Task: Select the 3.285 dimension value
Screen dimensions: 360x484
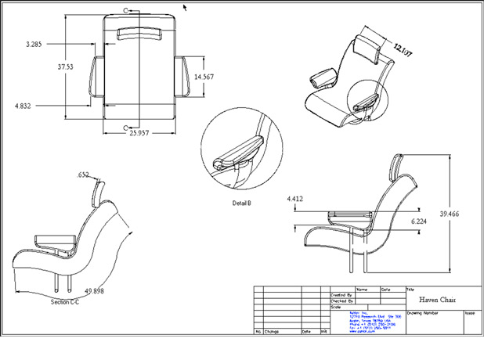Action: tap(34, 45)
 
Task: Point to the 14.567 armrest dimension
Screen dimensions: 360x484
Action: tap(204, 77)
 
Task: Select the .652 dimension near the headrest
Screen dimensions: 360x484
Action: tap(83, 175)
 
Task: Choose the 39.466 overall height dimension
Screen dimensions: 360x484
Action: tap(450, 214)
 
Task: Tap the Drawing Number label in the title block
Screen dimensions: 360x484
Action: tap(421, 311)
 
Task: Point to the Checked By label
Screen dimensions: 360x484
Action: tap(341, 301)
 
